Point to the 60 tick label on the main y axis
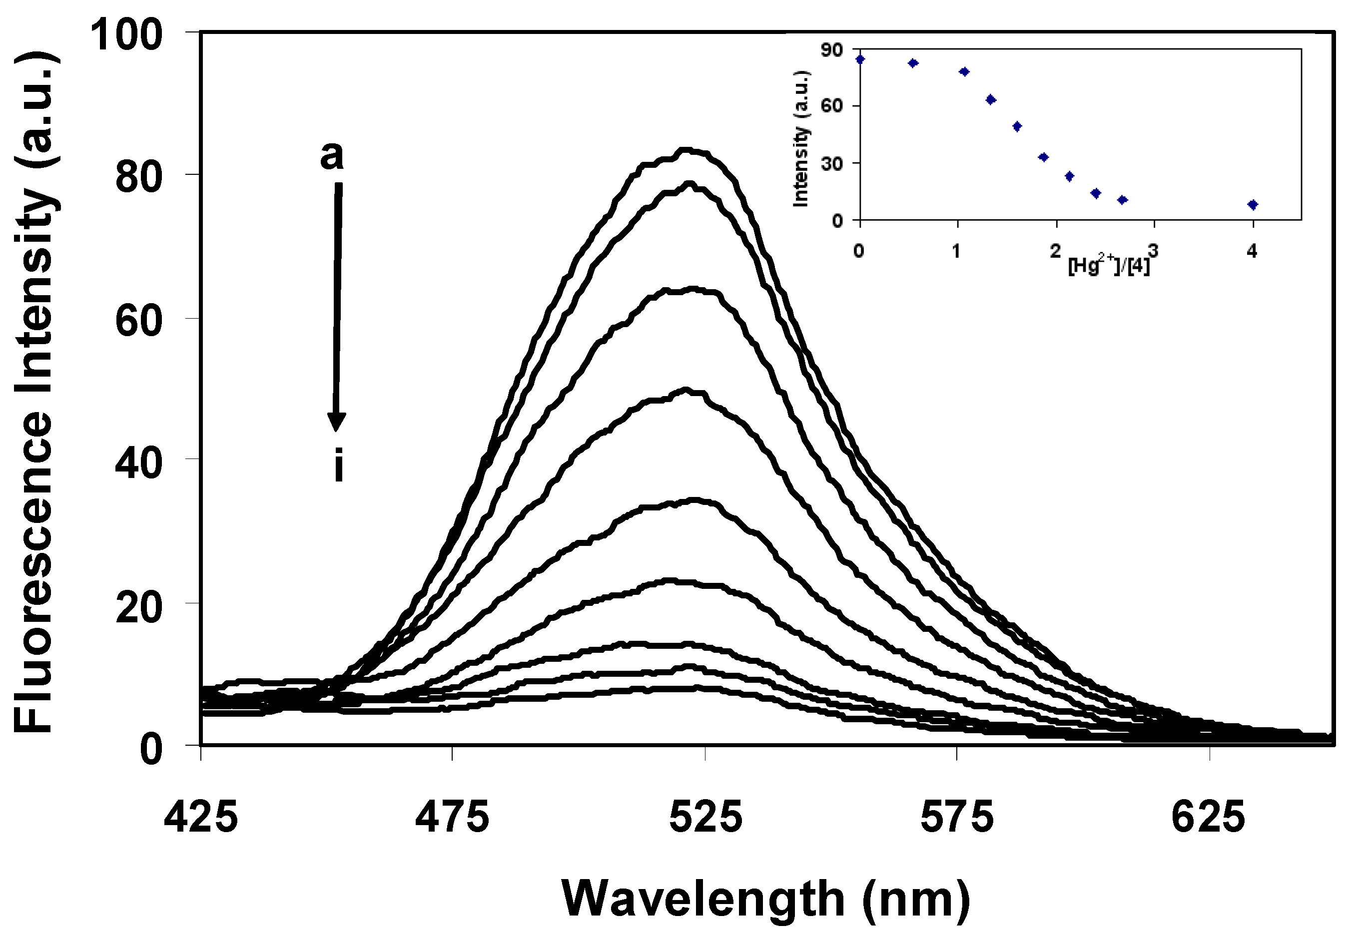coord(138,321)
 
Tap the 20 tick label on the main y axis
coord(138,608)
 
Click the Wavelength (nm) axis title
coord(765,898)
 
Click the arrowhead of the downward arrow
coord(336,422)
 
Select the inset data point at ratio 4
coord(1252,204)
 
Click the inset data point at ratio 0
coord(860,59)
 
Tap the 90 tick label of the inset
coord(832,50)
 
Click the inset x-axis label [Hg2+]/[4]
coord(1109,266)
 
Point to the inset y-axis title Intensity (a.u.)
coord(801,139)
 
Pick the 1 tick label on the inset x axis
coord(956,251)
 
